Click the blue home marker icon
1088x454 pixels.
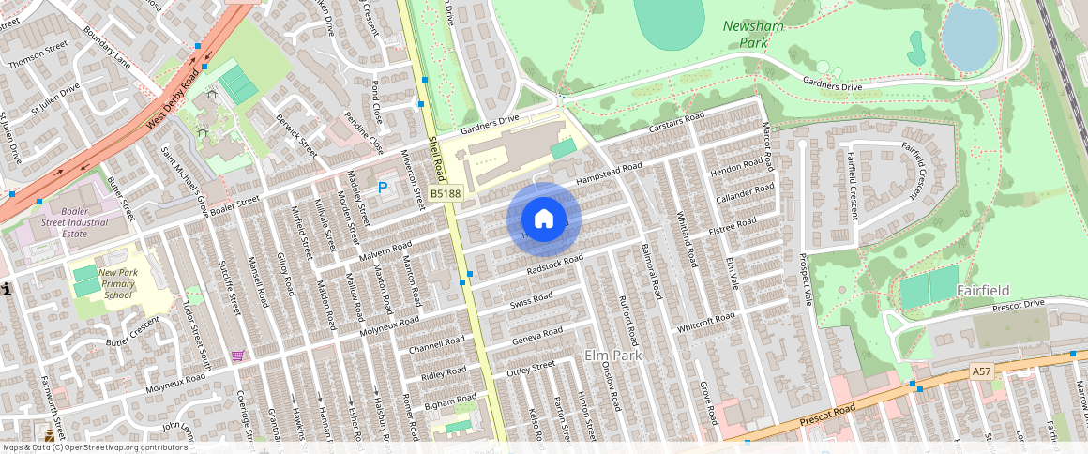544,219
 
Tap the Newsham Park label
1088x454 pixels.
753,35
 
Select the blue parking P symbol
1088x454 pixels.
383,189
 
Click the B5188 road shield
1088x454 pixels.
446,193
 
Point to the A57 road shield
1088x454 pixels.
981,372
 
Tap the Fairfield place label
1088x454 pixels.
982,291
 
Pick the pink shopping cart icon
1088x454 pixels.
237,356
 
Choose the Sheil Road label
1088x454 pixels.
437,158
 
